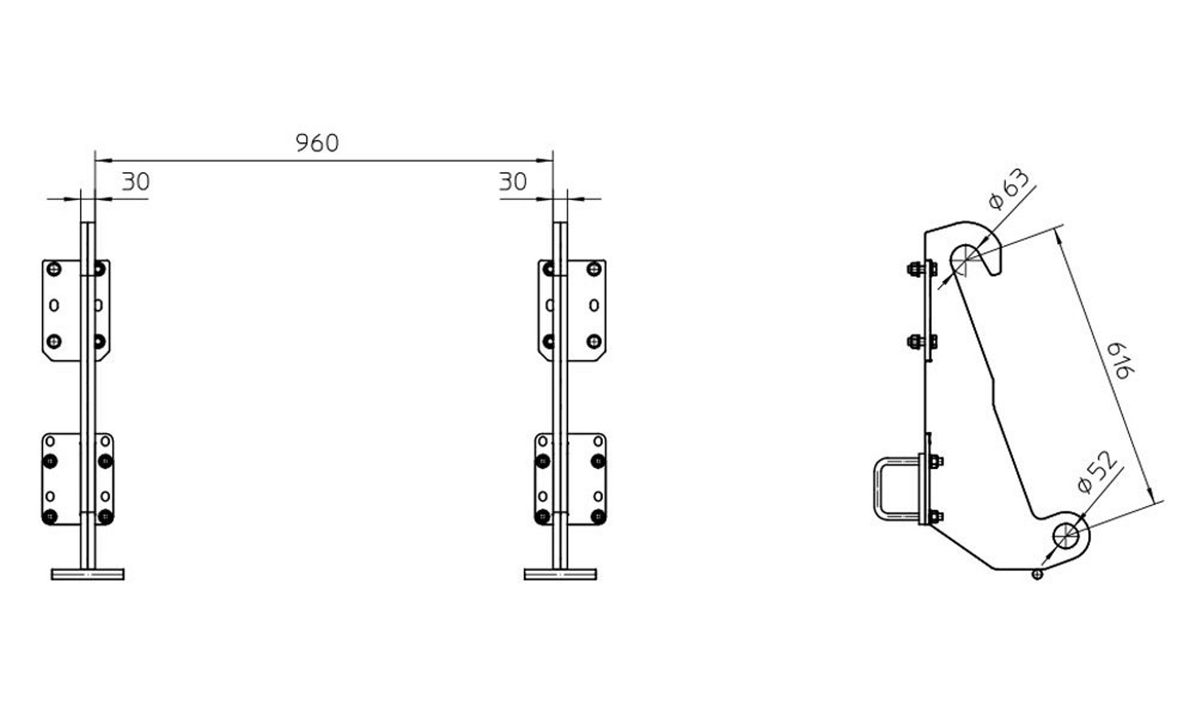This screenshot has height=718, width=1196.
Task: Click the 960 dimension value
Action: pos(317,143)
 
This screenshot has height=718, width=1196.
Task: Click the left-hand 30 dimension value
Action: pos(136,182)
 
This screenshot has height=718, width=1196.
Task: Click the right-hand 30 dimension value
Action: pos(513,182)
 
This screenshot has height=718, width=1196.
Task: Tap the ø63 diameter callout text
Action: pos(1009,189)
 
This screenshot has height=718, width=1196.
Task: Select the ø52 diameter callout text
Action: pos(1097,472)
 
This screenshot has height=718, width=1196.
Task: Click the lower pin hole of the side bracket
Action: pos(1066,534)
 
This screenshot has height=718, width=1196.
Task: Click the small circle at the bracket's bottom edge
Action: pos(1037,574)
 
